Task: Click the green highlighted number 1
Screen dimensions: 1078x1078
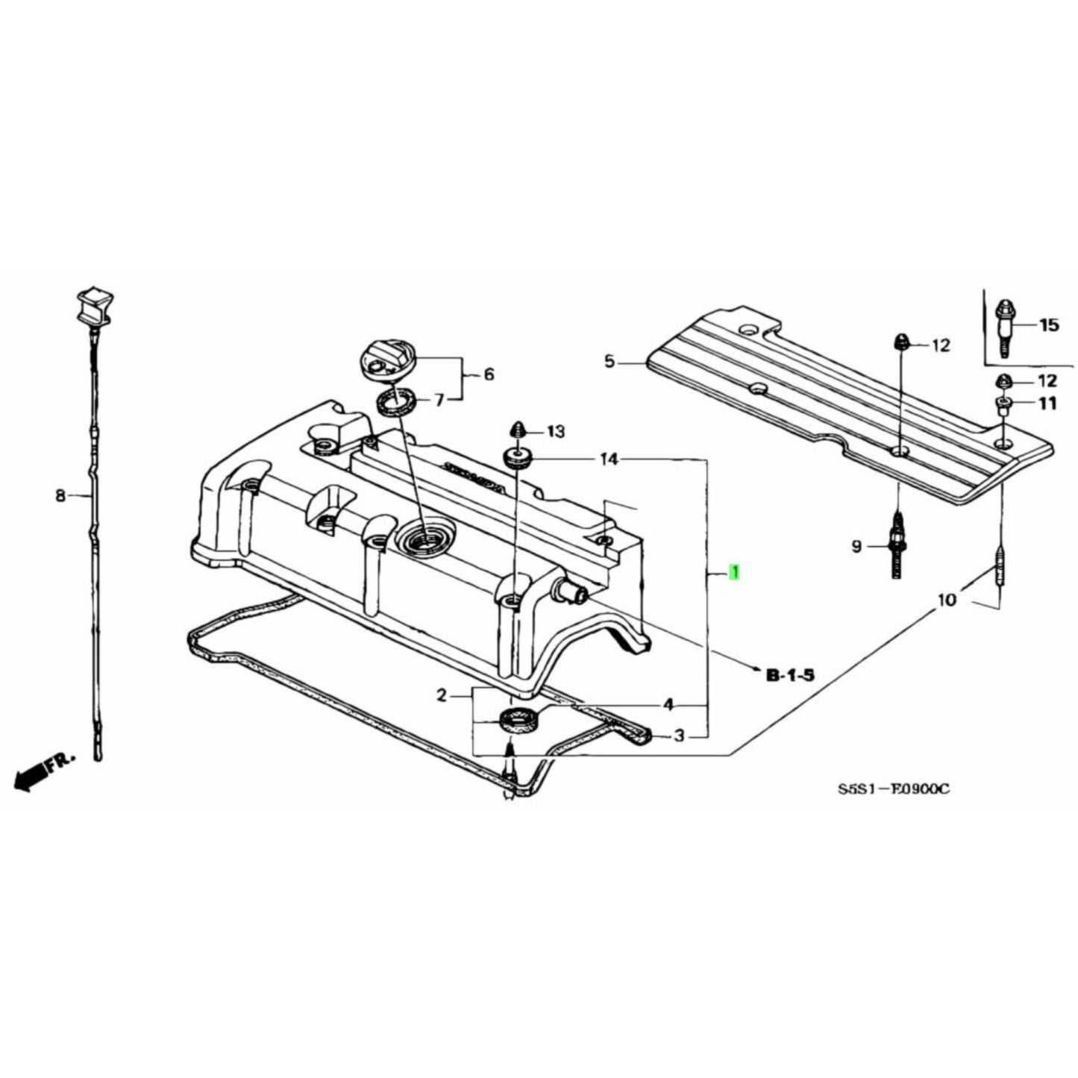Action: coord(734,573)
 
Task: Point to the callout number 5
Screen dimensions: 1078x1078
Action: coord(609,362)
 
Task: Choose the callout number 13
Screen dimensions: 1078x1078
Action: coord(557,431)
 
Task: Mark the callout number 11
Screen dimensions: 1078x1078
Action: coord(1048,404)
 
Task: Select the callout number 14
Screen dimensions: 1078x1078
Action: coord(609,460)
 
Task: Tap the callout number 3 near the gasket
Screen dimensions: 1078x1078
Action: coord(678,736)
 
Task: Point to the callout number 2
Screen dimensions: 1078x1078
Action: coord(442,695)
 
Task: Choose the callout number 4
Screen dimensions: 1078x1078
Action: coord(668,704)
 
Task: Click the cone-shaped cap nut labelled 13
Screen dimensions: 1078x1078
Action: coord(518,430)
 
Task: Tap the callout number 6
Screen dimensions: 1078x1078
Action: coord(489,374)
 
